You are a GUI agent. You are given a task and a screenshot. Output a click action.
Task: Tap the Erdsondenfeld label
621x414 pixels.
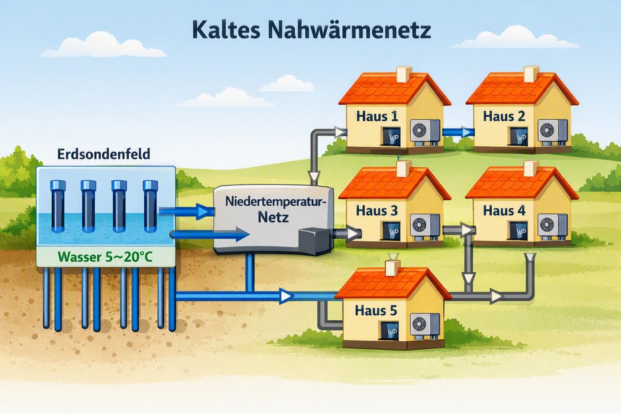[103, 154]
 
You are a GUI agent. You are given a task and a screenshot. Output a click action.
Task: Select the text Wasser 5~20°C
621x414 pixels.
[106, 257]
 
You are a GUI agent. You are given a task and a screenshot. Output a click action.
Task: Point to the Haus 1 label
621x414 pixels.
[377, 116]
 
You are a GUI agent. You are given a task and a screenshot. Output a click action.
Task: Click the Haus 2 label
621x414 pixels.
[504, 116]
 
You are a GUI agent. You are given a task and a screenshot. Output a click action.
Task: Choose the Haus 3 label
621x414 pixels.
[377, 211]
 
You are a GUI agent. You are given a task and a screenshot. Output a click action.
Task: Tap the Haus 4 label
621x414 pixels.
[504, 211]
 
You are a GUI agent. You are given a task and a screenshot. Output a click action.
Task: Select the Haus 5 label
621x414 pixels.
[376, 310]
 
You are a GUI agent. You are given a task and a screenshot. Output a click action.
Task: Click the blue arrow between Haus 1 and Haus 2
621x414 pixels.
[457, 132]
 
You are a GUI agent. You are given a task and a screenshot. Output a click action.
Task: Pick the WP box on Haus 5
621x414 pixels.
[390, 331]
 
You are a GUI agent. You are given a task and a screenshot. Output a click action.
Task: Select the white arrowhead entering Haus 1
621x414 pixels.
[340, 132]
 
